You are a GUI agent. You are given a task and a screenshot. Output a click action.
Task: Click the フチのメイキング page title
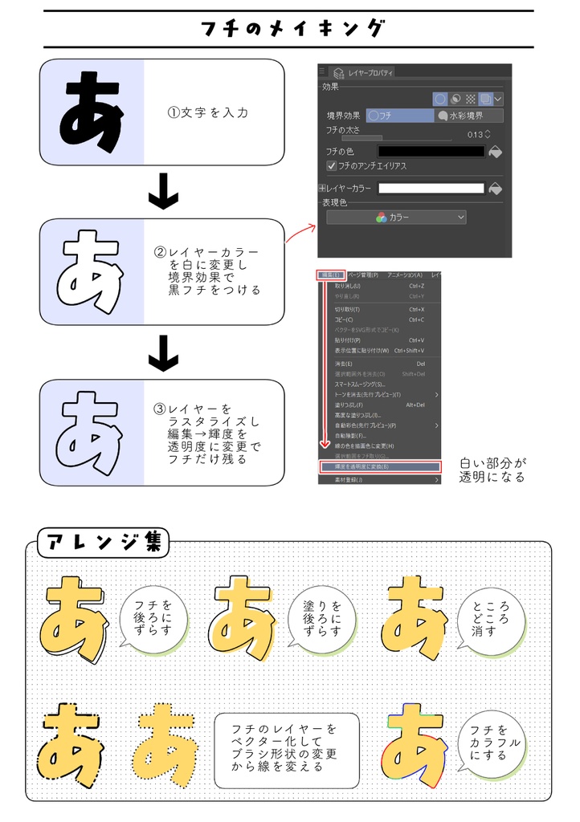(291, 30)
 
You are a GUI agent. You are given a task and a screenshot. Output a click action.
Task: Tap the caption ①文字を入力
(207, 112)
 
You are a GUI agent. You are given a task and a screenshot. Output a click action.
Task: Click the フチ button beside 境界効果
(399, 116)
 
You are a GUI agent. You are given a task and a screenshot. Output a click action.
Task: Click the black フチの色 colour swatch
(431, 151)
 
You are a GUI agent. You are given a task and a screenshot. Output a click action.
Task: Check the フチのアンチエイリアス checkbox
(331, 165)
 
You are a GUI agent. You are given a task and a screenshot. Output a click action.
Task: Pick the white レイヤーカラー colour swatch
(431, 189)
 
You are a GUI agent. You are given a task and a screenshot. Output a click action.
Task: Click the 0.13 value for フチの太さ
(476, 134)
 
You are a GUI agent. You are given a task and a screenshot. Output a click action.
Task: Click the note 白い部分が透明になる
(492, 470)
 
